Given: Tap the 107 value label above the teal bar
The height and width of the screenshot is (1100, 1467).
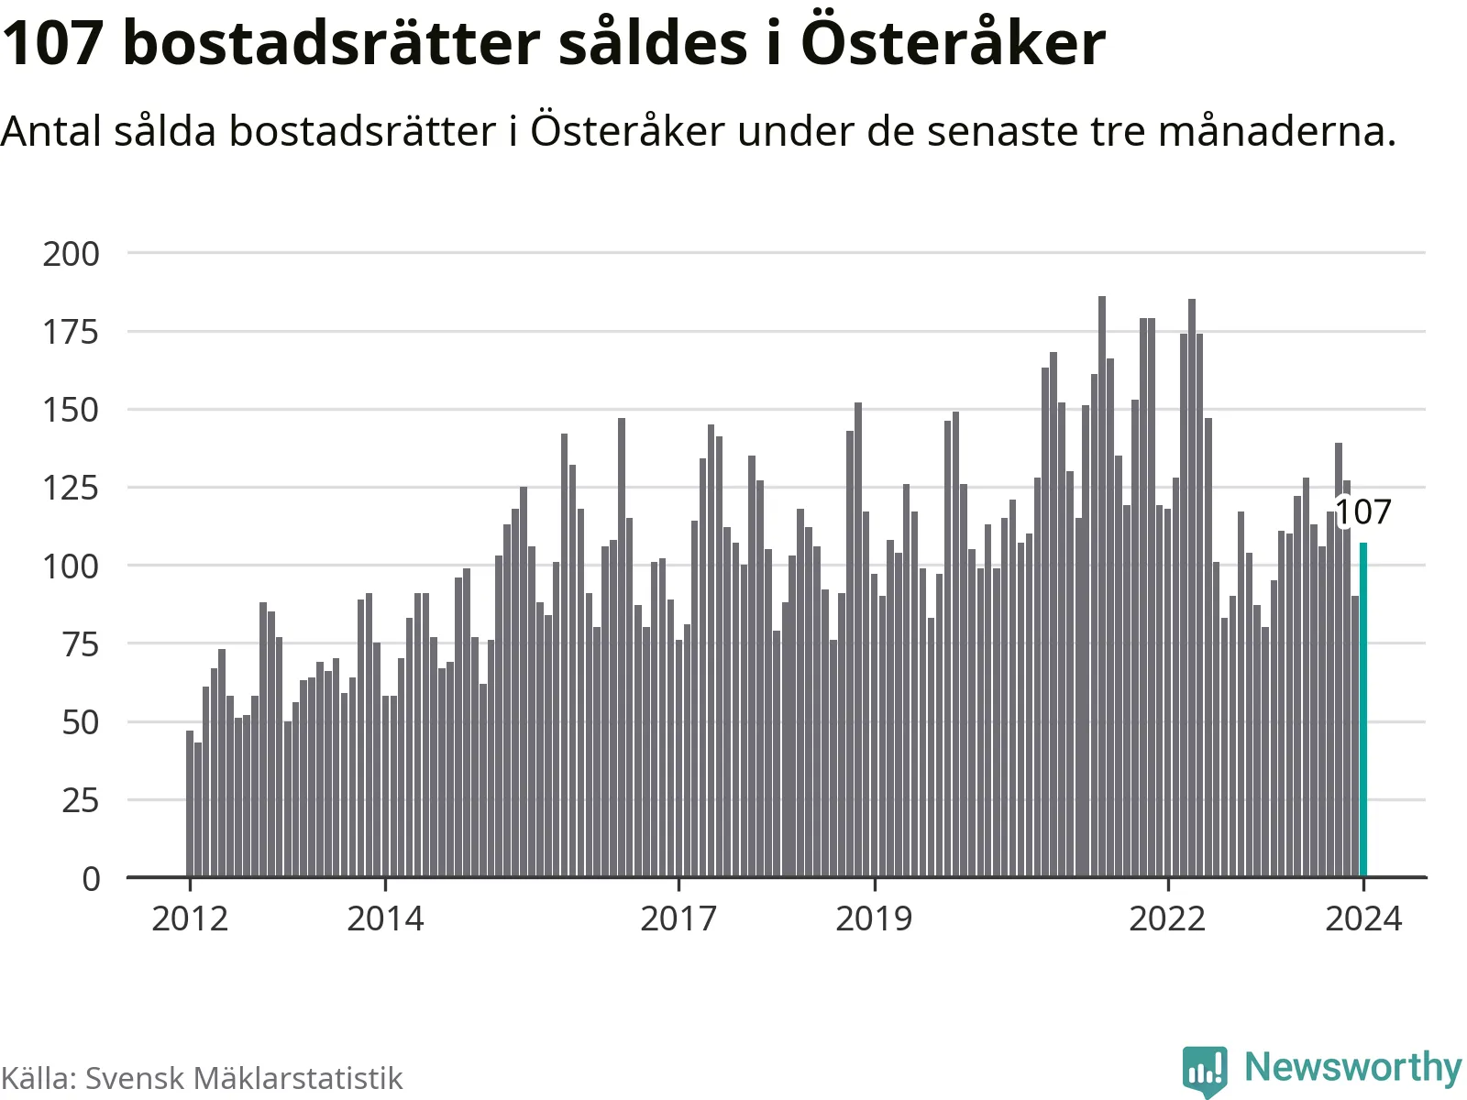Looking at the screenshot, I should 1363,512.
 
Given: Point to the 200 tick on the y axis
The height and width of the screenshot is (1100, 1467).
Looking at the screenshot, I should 72,254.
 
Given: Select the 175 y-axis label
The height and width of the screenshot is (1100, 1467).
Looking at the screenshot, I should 72,332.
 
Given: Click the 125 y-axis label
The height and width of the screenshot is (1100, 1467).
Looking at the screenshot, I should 72,488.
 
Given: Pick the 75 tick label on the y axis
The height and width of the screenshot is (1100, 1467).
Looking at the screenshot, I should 81,644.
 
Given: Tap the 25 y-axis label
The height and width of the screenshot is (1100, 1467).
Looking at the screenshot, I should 81,801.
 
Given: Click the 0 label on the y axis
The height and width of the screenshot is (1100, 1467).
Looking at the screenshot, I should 91,879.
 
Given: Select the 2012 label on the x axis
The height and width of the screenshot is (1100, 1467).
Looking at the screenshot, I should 190,918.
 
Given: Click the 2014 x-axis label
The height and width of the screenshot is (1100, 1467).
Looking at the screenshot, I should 385,918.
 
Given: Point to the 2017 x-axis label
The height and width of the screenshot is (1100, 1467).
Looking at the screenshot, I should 678,918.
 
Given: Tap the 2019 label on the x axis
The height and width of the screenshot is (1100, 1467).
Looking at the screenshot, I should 874,918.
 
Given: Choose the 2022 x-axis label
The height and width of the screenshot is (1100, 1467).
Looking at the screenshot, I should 1167,918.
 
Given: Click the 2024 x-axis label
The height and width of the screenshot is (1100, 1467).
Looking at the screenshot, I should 1363,918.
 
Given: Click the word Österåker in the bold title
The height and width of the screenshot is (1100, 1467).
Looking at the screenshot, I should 954,42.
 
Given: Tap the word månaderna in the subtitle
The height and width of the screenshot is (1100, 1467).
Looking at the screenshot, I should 1276,131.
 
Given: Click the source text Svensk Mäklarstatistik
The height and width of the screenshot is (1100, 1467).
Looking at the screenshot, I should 244,1078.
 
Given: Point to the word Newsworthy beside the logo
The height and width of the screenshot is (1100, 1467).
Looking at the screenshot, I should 1352,1068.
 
